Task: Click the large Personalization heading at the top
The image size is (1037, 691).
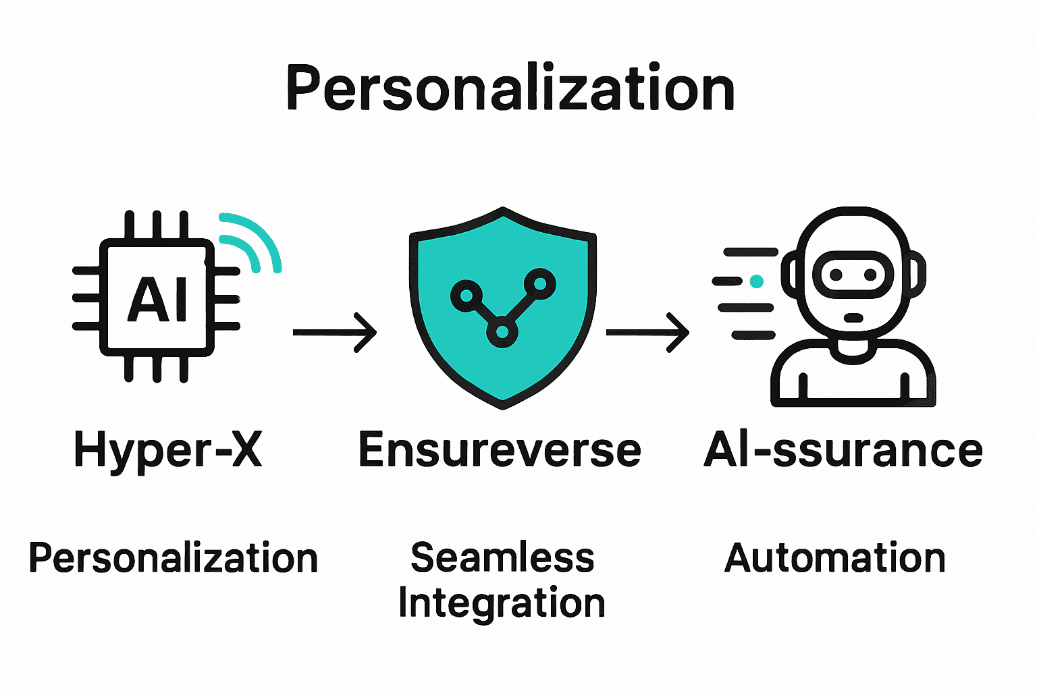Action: [x=510, y=88]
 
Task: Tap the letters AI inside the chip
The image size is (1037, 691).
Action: [x=158, y=300]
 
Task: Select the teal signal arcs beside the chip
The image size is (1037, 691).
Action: [x=251, y=243]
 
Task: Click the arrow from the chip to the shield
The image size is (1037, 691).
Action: [x=335, y=332]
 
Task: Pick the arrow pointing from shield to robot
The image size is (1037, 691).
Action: [x=647, y=332]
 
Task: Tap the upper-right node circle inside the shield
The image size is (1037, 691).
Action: [x=541, y=283]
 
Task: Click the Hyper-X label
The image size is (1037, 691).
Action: [x=168, y=450]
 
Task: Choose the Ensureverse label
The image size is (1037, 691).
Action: [x=500, y=450]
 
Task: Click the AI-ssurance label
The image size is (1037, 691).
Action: [x=843, y=450]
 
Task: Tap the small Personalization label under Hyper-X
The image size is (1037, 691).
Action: [x=173, y=559]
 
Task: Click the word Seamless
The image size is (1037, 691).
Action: [x=502, y=557]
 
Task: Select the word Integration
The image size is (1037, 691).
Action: [x=502, y=603]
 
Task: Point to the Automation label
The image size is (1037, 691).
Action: [x=835, y=558]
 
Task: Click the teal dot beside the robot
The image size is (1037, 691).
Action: [x=756, y=281]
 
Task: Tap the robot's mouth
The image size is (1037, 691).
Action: [x=854, y=317]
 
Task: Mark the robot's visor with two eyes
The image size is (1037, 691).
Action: [x=853, y=275]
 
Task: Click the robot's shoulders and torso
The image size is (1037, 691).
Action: [x=853, y=378]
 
